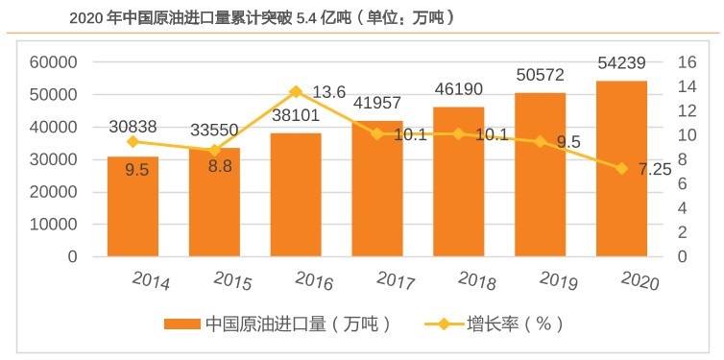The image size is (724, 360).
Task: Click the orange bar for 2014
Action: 133,206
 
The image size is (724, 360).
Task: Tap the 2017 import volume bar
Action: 377,192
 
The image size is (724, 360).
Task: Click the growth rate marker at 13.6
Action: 296,92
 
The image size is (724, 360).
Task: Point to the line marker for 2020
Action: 621,169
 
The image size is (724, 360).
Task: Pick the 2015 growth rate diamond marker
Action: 214,150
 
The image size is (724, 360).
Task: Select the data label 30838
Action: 133,127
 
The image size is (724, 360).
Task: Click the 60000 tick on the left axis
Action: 59,62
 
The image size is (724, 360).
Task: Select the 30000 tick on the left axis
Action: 59,159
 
